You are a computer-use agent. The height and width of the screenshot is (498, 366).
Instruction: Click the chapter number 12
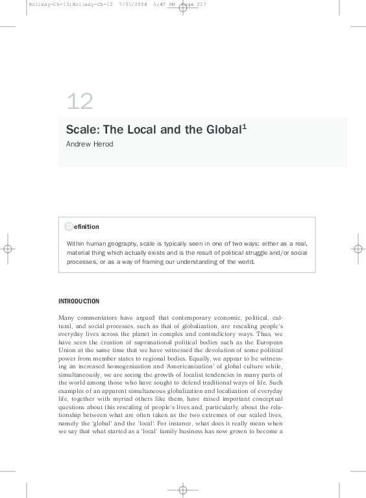pos(80,102)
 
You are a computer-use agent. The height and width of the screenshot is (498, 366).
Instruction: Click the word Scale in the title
pos(79,129)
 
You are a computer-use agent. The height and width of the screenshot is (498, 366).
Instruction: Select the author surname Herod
pos(103,144)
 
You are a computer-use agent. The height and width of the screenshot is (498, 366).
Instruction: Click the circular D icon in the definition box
pos(69,226)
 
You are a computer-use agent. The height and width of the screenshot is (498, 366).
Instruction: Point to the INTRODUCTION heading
pos(79,301)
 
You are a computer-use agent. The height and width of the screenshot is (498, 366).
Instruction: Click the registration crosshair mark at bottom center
pos(183,489)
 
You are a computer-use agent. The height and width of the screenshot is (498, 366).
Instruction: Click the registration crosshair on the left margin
pos(8,248)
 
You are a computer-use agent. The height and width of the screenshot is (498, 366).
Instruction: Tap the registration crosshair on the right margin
pos(358,248)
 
